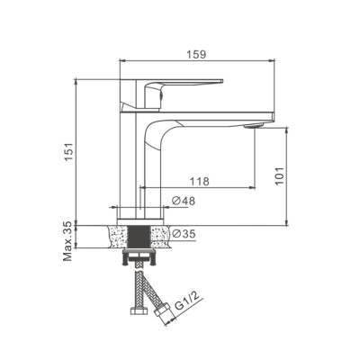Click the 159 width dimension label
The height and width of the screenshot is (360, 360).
tap(196, 54)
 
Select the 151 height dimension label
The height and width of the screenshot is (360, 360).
tap(69, 151)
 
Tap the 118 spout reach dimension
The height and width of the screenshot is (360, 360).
tap(199, 181)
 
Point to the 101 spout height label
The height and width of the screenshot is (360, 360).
tap(279, 175)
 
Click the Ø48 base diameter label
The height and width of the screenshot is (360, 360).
tap(184, 201)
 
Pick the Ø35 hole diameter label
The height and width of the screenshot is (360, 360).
tap(184, 233)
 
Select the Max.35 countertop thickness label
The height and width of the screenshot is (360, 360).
tap(67, 241)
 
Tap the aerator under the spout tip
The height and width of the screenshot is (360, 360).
tap(253, 126)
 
